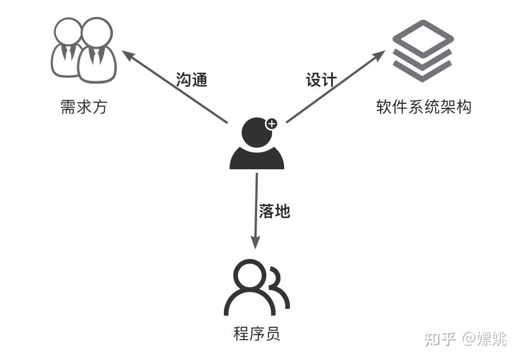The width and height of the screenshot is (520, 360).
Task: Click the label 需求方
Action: [83, 107]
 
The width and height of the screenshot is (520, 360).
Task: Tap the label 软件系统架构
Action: [424, 107]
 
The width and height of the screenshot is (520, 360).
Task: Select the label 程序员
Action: [257, 333]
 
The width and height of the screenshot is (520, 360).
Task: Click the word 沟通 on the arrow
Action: [192, 80]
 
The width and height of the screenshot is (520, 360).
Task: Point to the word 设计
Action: [321, 80]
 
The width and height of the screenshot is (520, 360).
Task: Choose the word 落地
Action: [274, 211]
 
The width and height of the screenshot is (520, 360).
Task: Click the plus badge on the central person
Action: [272, 124]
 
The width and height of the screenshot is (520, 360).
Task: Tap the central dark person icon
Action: [257, 143]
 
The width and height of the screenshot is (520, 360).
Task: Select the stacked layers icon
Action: [423, 51]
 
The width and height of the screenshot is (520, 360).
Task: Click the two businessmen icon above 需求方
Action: [83, 50]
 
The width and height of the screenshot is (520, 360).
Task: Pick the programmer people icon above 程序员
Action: [257, 287]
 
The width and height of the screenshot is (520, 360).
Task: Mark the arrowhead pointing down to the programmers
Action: [255, 242]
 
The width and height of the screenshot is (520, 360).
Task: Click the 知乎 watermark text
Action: [440, 339]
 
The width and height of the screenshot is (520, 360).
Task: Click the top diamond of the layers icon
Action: [423, 37]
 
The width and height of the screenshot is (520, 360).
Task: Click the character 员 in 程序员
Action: [272, 333]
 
